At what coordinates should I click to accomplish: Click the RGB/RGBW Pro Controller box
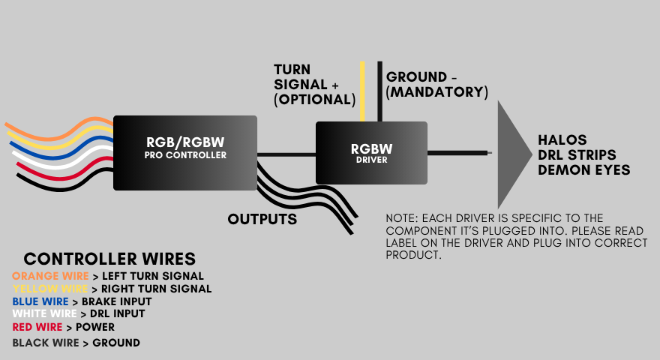[184, 152]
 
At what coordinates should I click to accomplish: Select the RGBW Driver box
[371, 152]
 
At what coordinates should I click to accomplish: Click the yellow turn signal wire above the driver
[363, 90]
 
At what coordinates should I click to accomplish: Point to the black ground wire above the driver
[380, 90]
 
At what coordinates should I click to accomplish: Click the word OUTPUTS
[262, 219]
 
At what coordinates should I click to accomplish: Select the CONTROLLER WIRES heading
[109, 259]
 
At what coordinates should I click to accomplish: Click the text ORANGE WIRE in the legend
[49, 276]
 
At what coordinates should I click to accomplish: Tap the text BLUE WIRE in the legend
[40, 301]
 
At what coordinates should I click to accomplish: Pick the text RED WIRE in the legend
[37, 327]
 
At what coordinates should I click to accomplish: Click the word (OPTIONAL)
[314, 99]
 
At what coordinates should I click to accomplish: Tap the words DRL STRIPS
[579, 155]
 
